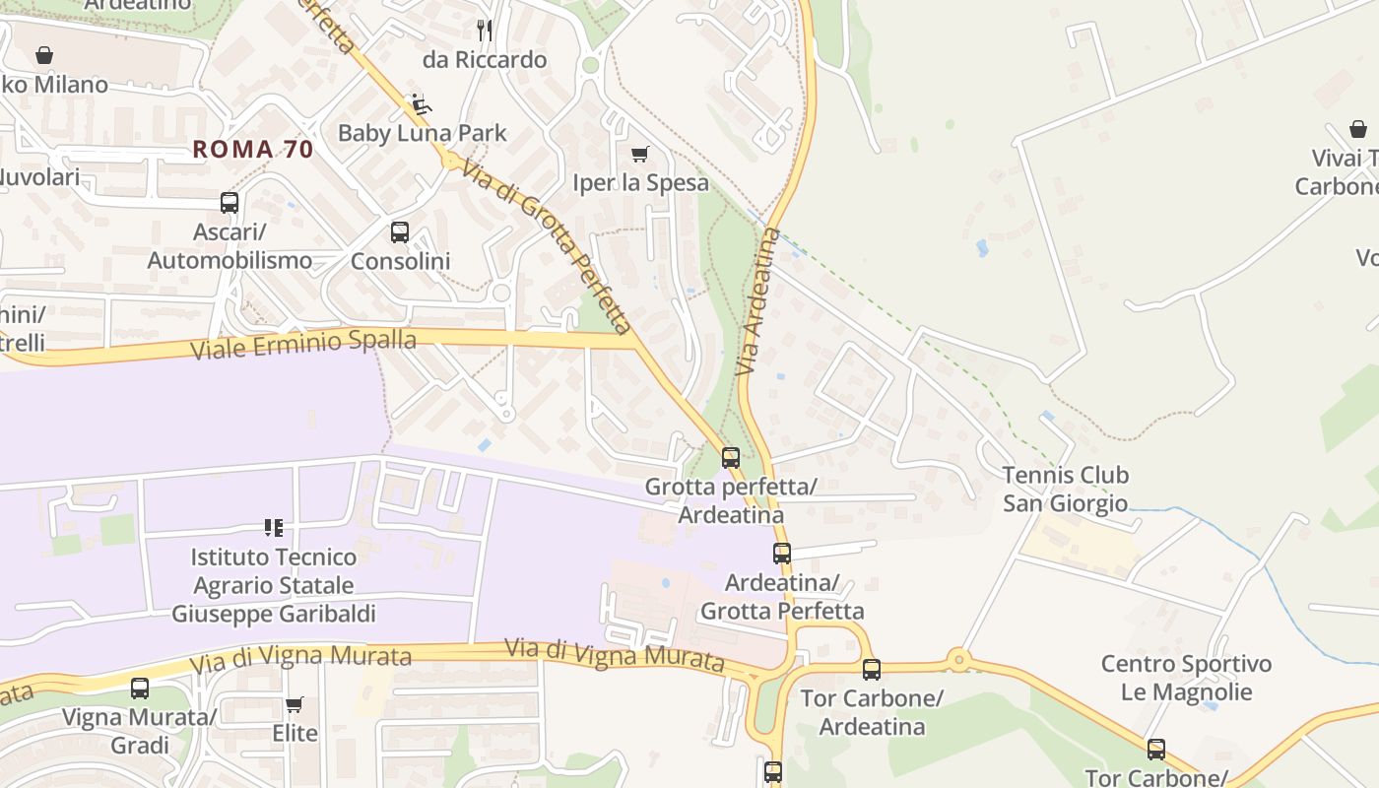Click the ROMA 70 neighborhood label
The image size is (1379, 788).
point(252,150)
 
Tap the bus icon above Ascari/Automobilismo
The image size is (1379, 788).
point(230,203)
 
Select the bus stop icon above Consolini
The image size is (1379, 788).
point(399,232)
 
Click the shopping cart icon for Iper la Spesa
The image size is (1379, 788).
point(640,154)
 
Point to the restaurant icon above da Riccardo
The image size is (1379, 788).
point(484,30)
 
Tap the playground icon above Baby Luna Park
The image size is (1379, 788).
point(420,103)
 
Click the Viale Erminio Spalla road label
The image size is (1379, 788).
point(303,345)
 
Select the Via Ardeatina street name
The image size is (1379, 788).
point(757,301)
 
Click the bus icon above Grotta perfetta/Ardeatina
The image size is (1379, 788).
point(730,457)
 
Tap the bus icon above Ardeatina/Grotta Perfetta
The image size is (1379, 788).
point(781,553)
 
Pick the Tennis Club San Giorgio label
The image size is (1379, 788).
point(1065,490)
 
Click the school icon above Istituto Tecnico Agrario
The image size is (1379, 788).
point(274,528)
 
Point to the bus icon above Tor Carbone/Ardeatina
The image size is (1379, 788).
point(871,670)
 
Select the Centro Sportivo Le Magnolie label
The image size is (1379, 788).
point(1186,678)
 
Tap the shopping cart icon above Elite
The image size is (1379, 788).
point(294,704)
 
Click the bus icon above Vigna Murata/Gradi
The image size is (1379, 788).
point(140,688)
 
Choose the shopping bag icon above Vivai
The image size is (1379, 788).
point(1357,129)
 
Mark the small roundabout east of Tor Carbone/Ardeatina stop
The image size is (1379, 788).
point(957,659)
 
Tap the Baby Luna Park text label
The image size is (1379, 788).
point(422,133)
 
